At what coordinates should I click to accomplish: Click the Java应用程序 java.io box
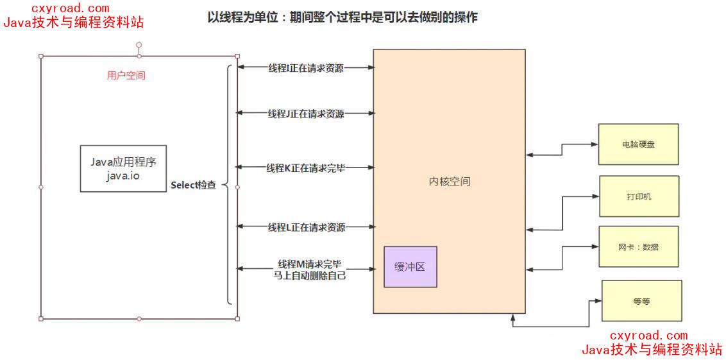click(x=123, y=168)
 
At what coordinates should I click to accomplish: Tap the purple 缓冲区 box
click(x=410, y=267)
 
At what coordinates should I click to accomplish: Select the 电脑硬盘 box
click(x=638, y=144)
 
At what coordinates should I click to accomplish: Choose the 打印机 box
click(x=639, y=196)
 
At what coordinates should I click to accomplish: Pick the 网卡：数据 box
click(x=639, y=246)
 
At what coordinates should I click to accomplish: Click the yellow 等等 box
click(x=641, y=301)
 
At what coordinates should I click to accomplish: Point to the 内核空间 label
click(x=450, y=182)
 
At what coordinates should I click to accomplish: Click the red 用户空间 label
click(x=126, y=76)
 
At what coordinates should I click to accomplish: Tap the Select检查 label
click(x=193, y=185)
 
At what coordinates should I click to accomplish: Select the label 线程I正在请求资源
click(x=305, y=67)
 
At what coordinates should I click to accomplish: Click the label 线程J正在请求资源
click(x=305, y=114)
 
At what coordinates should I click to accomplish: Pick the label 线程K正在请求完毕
click(x=305, y=168)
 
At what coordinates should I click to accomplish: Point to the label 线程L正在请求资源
click(x=305, y=227)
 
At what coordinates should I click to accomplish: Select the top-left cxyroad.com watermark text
click(x=63, y=8)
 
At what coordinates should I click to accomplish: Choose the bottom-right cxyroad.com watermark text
click(x=648, y=336)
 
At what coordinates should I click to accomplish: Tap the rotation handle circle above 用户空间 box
click(x=139, y=45)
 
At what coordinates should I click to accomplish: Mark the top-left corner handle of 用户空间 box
click(x=41, y=56)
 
